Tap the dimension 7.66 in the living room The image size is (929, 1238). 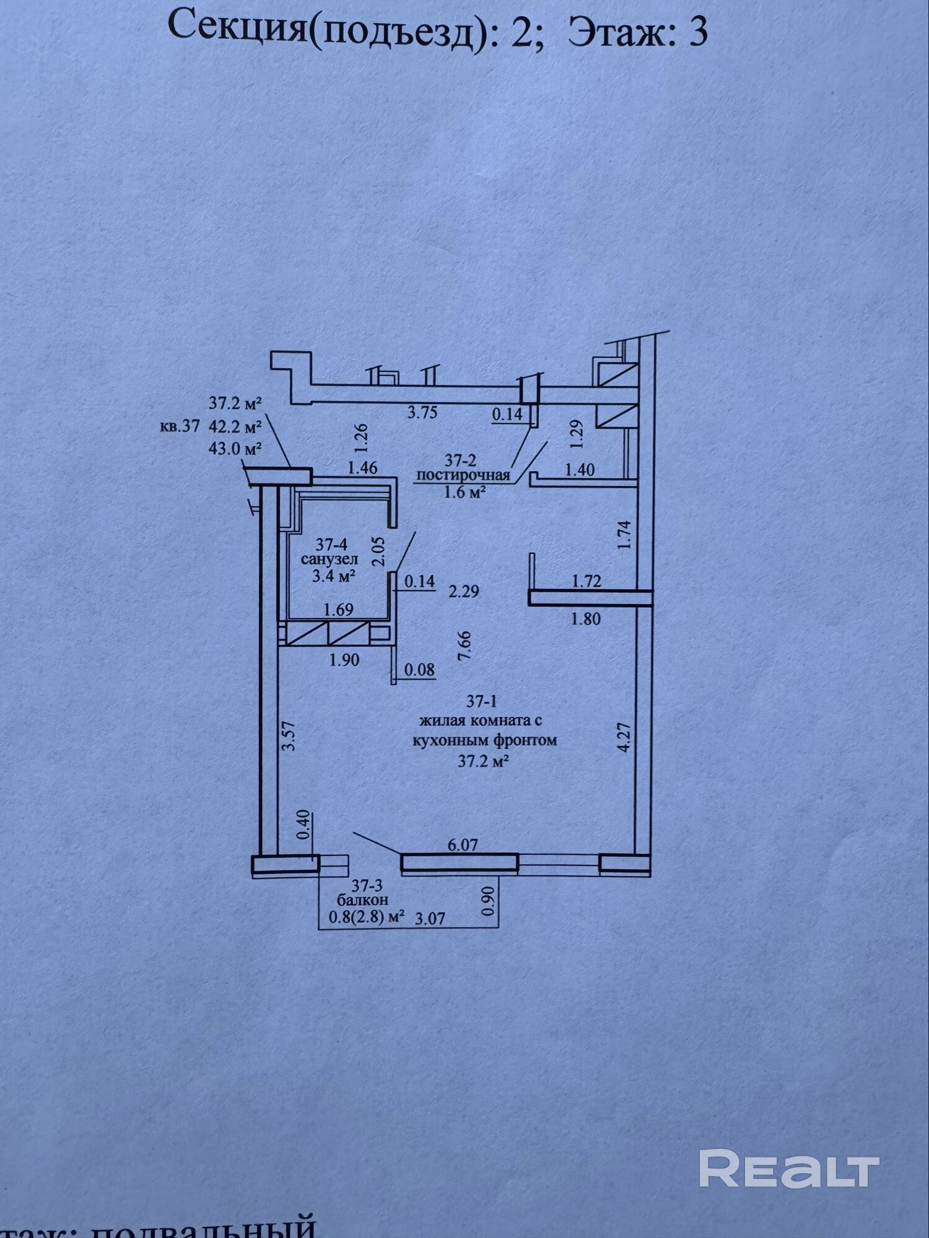464,646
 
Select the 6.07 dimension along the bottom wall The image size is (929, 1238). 462,844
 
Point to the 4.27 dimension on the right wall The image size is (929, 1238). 624,737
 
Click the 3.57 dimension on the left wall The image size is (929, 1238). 289,736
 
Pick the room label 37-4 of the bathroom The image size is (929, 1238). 331,545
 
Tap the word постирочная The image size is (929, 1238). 463,475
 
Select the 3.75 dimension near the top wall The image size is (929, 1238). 422,413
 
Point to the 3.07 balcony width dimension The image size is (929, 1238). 430,919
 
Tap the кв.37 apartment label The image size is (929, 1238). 180,426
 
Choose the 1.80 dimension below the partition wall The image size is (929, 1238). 585,618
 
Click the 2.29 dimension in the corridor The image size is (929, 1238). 463,592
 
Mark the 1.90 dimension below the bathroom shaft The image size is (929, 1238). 344,660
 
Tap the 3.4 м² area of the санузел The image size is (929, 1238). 333,577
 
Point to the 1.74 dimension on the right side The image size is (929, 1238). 624,535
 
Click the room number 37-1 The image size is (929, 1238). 482,701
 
